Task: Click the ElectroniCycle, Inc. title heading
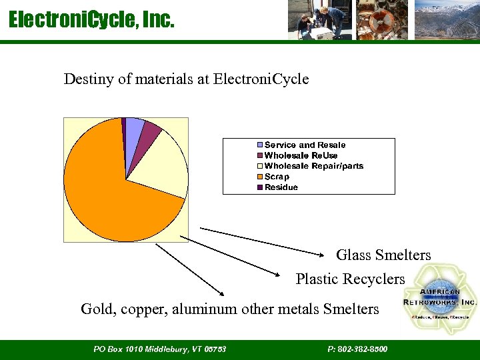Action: (91, 21)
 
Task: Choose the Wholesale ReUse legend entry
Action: (301, 155)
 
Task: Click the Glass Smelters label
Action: (383, 255)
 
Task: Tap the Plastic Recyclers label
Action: (350, 279)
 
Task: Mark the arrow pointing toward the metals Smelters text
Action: (190, 270)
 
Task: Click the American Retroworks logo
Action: (440, 299)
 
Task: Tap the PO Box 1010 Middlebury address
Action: (160, 349)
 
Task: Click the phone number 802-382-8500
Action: (358, 349)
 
